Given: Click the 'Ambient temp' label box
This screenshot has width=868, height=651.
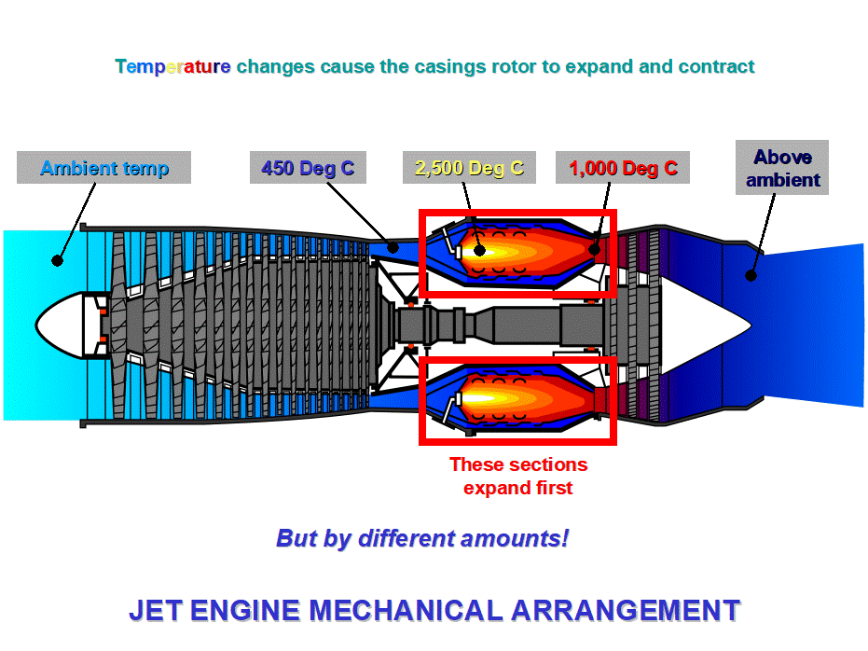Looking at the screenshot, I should [x=103, y=168].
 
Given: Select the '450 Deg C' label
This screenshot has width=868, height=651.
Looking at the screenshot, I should [x=308, y=168].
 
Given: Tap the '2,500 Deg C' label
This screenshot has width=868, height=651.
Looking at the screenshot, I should [x=469, y=168].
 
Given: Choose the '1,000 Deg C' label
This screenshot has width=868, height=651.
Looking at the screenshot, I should [x=623, y=168].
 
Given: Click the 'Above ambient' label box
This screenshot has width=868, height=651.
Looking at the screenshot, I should [x=781, y=168].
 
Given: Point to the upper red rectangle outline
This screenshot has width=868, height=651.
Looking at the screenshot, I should [x=517, y=212].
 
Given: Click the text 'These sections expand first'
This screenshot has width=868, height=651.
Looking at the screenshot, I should [x=517, y=476].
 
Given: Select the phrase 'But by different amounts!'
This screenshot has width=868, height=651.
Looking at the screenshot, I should [x=421, y=538].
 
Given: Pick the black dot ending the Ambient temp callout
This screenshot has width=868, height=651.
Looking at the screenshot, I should [x=58, y=260].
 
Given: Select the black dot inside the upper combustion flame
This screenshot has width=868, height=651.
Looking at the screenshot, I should [x=479, y=250].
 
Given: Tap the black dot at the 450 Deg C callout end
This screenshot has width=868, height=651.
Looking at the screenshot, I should [x=394, y=247].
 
